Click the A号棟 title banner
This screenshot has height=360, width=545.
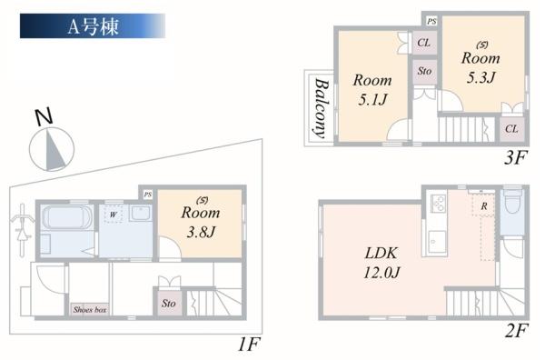[93, 25]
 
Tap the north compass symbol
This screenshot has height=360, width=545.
[52, 144]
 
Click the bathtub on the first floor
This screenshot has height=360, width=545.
[67, 217]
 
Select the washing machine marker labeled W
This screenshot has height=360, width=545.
[114, 214]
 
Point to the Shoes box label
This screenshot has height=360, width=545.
[90, 309]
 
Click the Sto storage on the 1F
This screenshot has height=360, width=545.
[169, 303]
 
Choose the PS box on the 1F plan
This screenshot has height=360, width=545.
[148, 194]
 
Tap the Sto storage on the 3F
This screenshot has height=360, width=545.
[424, 71]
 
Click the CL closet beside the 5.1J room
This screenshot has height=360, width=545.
[424, 43]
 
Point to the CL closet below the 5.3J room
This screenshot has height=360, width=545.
[511, 129]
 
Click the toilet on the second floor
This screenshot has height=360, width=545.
[512, 203]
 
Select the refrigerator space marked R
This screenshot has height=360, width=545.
[484, 206]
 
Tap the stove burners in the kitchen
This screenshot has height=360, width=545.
[439, 204]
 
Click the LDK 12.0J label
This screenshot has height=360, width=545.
[381, 262]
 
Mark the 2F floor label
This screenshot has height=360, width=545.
[517, 330]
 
